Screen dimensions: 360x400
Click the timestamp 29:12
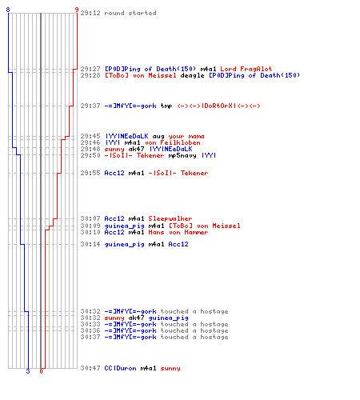click(x=90, y=13)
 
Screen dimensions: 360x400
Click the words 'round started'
click(x=130, y=13)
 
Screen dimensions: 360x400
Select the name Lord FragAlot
click(x=246, y=69)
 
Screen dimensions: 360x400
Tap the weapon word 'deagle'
click(x=192, y=75)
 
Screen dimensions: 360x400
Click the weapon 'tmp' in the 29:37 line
click(x=166, y=106)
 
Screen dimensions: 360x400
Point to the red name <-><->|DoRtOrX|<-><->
click(x=218, y=106)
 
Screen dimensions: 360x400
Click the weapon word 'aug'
click(x=158, y=137)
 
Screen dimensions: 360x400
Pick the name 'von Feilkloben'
click(x=173, y=142)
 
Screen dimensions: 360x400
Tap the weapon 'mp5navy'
click(x=182, y=156)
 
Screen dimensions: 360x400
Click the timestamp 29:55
click(x=90, y=173)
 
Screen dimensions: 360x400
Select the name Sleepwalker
click(x=170, y=218)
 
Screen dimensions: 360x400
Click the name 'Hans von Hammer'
click(x=178, y=232)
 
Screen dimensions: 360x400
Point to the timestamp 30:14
click(x=90, y=244)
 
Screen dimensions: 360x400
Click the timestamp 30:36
click(x=90, y=330)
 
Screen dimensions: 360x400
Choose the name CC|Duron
click(x=120, y=368)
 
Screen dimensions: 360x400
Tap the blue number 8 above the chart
click(x=8, y=10)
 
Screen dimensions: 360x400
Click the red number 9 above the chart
click(x=77, y=10)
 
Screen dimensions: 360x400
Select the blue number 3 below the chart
click(x=28, y=371)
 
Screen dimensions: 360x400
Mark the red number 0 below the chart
click(x=41, y=371)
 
